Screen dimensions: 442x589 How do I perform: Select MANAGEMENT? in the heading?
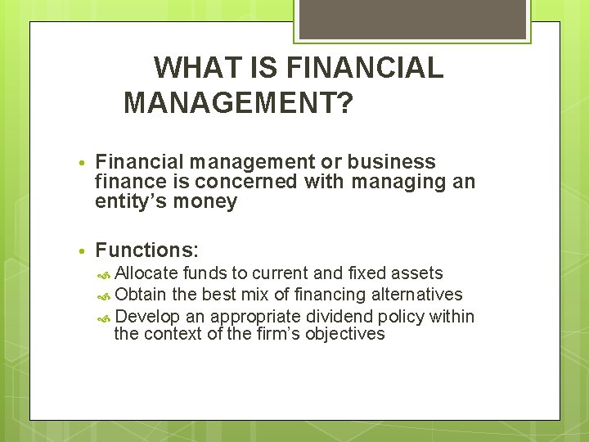click(x=238, y=103)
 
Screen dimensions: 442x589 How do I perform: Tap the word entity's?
click(x=130, y=201)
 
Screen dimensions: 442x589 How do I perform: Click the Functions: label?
click(x=147, y=250)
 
